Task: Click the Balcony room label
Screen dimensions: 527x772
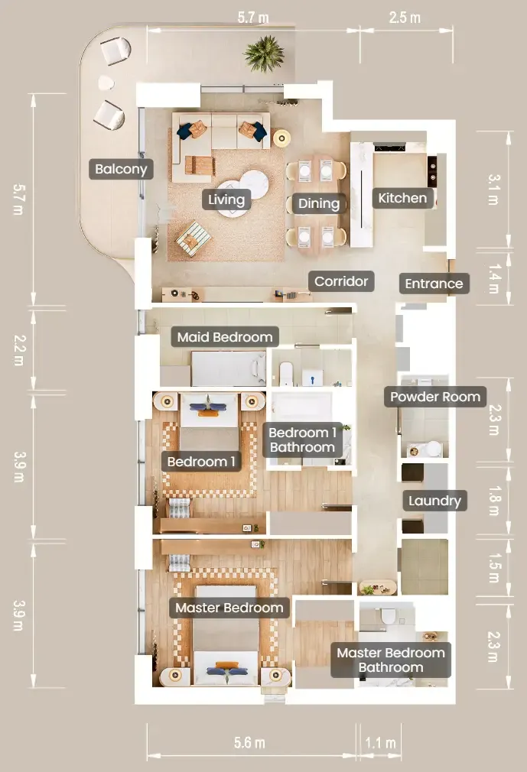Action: [121, 169]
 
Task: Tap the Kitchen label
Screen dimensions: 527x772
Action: [402, 198]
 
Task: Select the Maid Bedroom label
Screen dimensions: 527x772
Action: [225, 337]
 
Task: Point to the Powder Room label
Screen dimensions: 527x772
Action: [435, 397]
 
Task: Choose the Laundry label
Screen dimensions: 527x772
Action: [435, 501]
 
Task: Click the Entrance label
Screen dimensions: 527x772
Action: [434, 284]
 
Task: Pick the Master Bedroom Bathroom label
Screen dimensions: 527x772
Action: [391, 660]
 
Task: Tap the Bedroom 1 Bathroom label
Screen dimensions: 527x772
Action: [302, 440]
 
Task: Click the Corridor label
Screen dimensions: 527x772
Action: [341, 281]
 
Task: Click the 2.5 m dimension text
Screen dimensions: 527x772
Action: [405, 18]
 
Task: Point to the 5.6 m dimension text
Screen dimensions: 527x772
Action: [249, 742]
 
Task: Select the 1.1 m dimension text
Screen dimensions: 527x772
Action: [380, 742]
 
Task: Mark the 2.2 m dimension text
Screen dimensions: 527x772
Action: [19, 351]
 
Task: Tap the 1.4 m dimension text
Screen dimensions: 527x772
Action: [495, 279]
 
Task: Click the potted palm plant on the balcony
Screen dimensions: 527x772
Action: [265, 54]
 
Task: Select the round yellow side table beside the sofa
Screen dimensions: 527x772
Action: [281, 138]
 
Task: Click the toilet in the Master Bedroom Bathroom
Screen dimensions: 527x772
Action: [388, 616]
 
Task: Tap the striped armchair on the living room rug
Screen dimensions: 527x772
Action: [194, 238]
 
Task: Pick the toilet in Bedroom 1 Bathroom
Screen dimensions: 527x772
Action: [286, 374]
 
